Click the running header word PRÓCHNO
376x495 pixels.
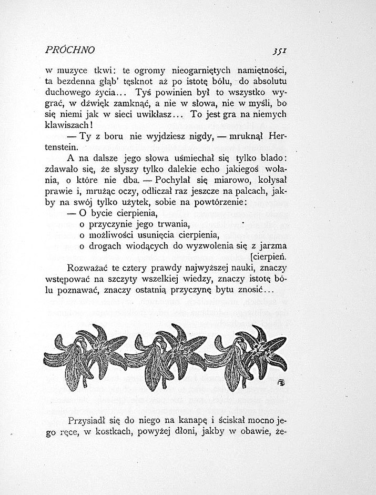tap(70, 51)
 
